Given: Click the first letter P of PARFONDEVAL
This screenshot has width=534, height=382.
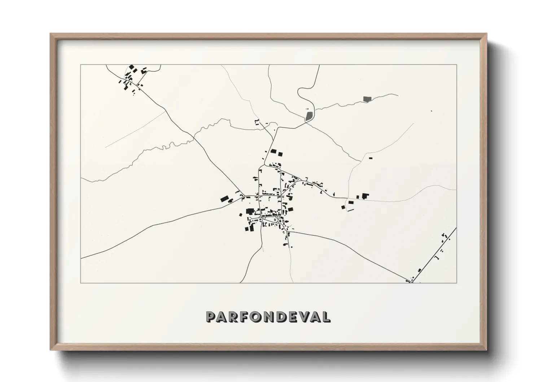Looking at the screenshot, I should pos(211,317).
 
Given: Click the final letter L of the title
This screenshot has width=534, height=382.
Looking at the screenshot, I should pos(326,317).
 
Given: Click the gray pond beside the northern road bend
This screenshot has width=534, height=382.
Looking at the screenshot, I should pos(309,116).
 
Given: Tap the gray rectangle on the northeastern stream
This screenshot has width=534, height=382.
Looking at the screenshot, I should pos(367,99).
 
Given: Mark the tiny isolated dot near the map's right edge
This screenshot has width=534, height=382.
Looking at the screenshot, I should pos(431,111).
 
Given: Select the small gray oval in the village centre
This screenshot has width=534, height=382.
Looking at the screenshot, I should pos(275,220).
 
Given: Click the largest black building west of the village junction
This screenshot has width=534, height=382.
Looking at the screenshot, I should pos(225,199).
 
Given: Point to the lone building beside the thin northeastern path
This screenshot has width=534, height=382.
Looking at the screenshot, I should pos(370,158).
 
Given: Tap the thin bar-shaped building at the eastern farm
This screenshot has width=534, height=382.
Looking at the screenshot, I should pos(350,210).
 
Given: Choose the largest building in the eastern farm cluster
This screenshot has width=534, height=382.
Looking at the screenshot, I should pos(366,196).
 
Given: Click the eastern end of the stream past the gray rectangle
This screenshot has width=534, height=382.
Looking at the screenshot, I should pos(398,95).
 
